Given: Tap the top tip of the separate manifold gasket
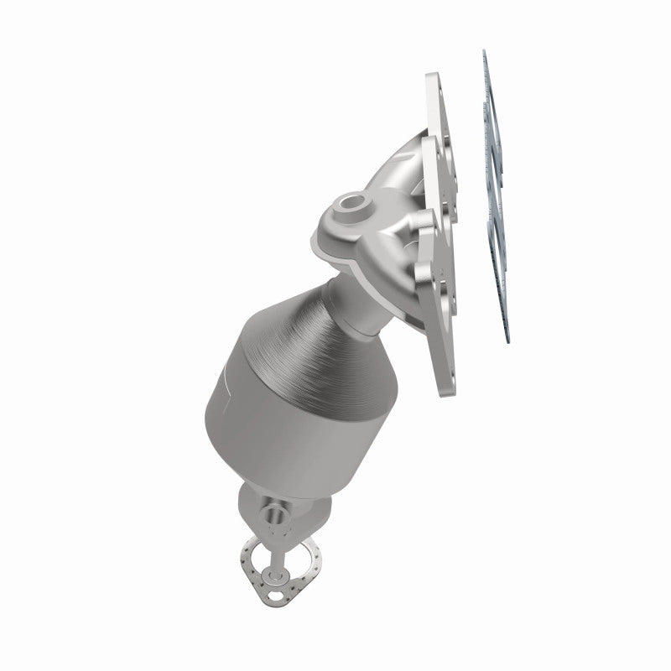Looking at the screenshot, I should tap(484, 53).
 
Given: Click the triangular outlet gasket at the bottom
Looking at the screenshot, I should tap(269, 558).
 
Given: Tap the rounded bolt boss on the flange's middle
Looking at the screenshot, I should tap(424, 223).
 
